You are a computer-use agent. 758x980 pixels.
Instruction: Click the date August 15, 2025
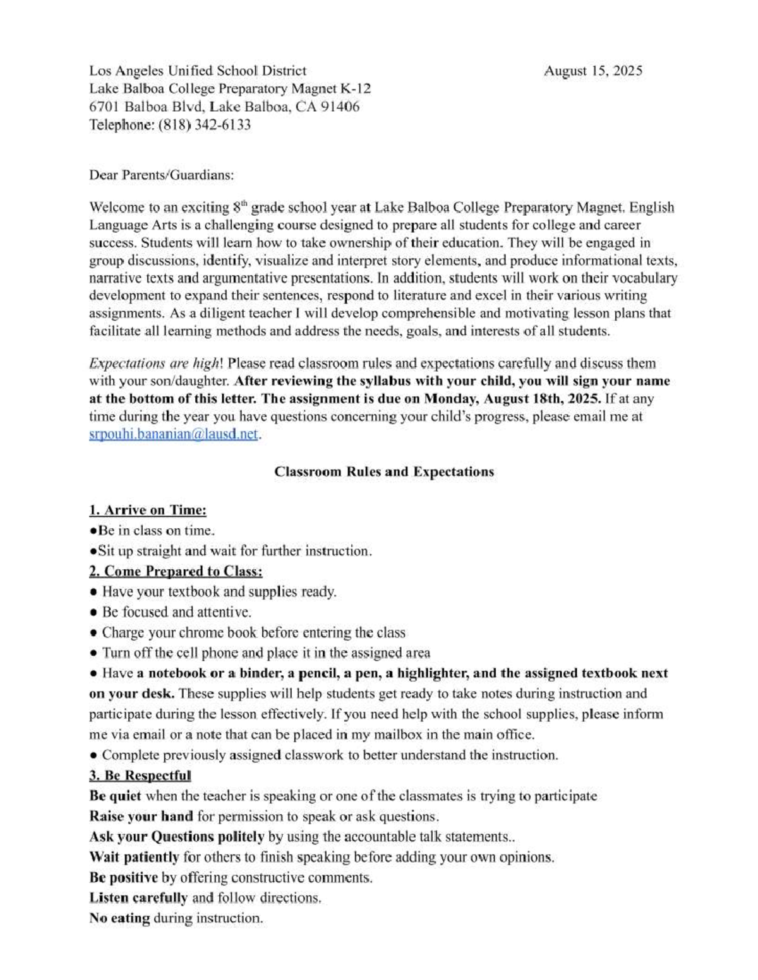pos(593,71)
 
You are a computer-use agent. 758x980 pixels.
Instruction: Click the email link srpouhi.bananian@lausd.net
pos(174,434)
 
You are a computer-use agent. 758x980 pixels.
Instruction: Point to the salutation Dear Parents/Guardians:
pos(161,175)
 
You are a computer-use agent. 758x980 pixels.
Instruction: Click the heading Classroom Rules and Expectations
pos(383,471)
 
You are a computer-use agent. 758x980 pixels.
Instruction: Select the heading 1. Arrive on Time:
pos(148,510)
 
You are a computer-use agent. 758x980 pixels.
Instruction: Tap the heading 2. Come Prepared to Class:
pos(176,571)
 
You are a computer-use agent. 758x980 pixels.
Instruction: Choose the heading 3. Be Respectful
pos(140,775)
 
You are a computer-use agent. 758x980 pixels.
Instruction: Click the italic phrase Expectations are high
pos(155,363)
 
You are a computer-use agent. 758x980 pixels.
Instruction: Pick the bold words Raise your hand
pos(141,816)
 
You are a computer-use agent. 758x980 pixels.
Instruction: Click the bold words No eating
pos(119,918)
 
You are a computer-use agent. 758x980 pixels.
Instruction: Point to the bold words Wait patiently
pos(134,857)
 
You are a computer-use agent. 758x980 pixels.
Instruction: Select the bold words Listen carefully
pos(138,897)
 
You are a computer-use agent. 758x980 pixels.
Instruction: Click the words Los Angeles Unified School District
pos(197,71)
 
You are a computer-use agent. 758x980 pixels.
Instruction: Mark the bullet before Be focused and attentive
pos(93,613)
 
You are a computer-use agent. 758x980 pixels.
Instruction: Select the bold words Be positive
pos(123,877)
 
